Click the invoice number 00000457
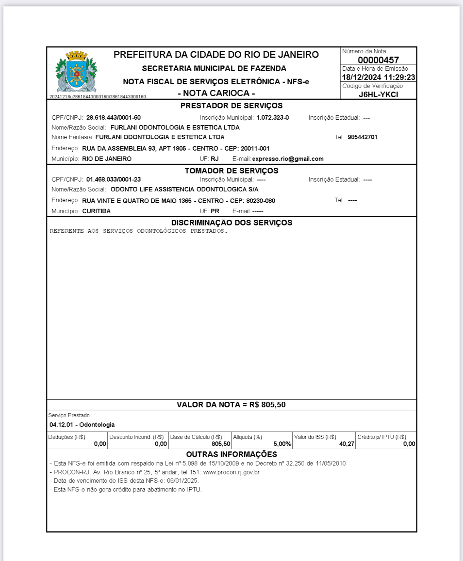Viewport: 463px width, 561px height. pos(378,60)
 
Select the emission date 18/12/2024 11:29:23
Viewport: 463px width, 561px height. pos(378,77)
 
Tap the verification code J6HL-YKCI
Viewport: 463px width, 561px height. pos(378,94)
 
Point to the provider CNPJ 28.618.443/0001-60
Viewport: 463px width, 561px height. pos(113,117)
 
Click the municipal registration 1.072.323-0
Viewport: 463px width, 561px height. pos(272,117)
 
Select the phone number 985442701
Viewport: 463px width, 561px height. pos(362,137)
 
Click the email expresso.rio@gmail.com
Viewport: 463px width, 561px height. pos(287,159)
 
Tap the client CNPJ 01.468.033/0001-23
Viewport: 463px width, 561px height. pos(113,179)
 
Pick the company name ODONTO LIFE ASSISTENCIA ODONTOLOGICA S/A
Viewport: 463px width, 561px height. pos(184,190)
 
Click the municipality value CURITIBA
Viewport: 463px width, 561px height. pos(96,211)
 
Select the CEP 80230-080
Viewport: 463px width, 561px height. pos(260,201)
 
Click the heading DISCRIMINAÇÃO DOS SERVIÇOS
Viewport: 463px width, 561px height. pos(231,223)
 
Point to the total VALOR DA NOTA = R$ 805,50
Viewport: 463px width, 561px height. pos(231,405)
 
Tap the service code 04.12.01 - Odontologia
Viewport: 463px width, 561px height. pos(82,425)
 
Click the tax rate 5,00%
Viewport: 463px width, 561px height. pos(282,444)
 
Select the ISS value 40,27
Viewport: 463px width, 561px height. pos(347,444)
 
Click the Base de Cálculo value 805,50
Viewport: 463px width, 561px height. pos(221,444)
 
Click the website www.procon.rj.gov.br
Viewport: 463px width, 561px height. pos(231,472)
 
